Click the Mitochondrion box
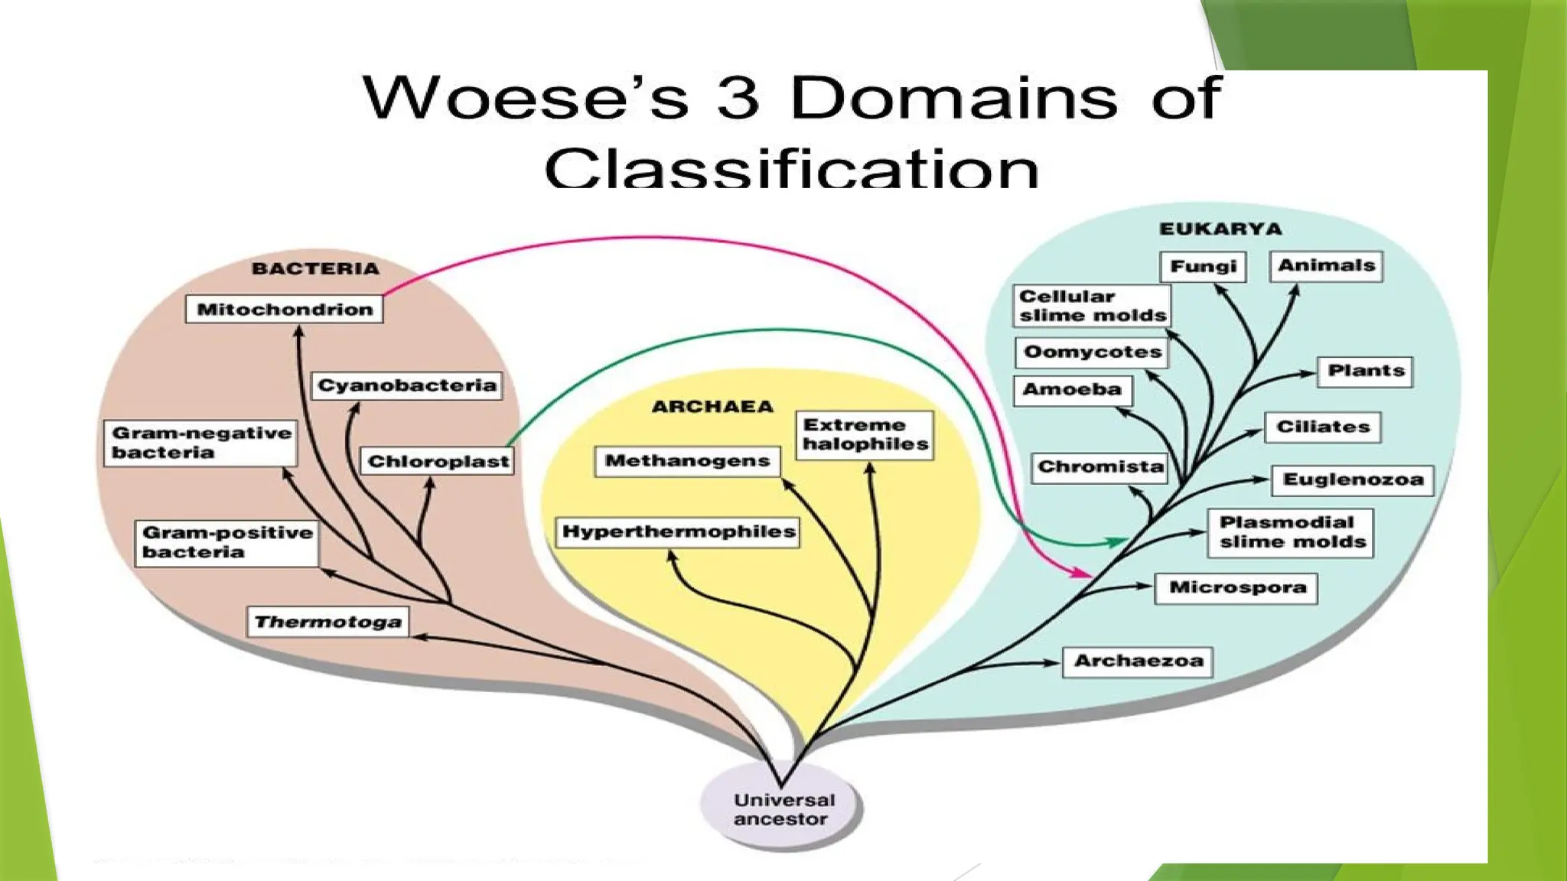(284, 309)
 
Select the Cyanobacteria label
(406, 385)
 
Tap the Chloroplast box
(438, 461)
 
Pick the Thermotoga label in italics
(327, 622)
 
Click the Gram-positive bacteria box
(227, 542)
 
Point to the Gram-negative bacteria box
(200, 443)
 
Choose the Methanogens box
(687, 461)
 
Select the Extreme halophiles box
(865, 434)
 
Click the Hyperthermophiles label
(678, 532)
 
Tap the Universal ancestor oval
(781, 809)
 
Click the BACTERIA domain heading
(315, 268)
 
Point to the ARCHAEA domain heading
(712, 407)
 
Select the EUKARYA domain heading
(1220, 229)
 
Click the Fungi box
(1203, 266)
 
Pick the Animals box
(1326, 265)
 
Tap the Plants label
(1365, 371)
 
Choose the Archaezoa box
(1138, 661)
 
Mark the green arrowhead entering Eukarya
(1116, 541)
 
